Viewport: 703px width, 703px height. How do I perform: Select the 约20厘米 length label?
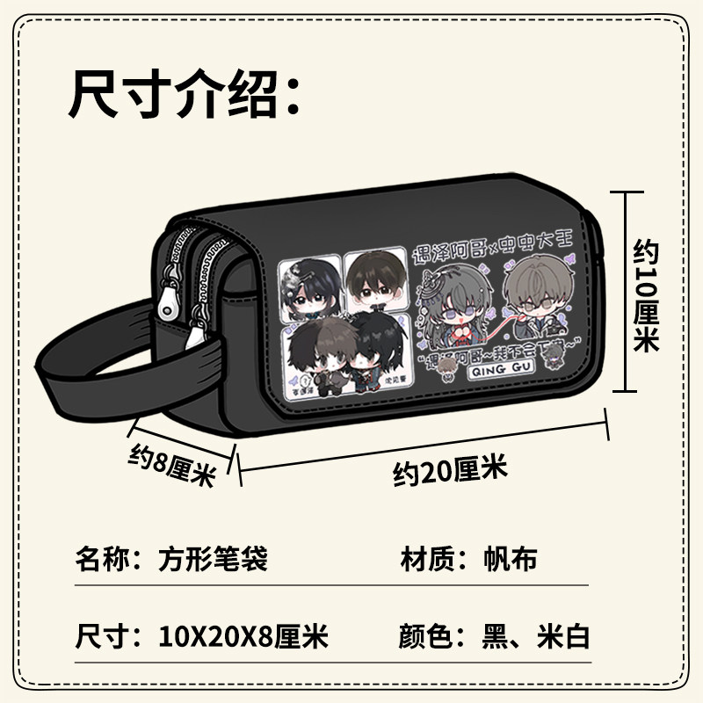click(x=450, y=473)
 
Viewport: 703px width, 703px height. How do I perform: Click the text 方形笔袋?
click(x=213, y=558)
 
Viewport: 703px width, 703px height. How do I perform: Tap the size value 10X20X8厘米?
click(x=243, y=635)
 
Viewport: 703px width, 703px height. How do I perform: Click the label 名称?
click(x=99, y=558)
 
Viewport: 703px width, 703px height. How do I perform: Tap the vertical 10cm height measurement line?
click(x=625, y=291)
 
